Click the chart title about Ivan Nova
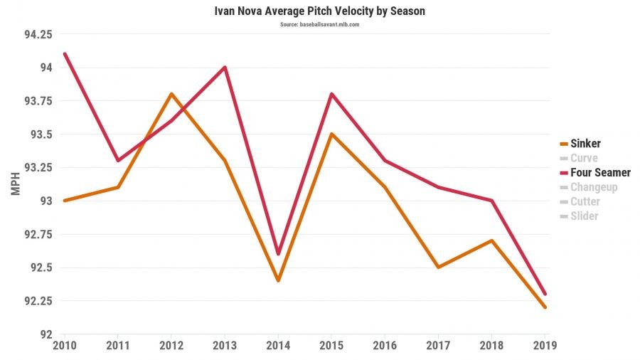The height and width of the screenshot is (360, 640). (320, 12)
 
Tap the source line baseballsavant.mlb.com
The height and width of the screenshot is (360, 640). (320, 25)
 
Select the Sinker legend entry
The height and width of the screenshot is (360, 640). (585, 144)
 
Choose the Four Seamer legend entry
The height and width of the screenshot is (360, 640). (595, 173)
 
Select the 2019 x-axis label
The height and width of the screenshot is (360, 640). (544, 346)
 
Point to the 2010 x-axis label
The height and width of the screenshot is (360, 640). (65, 346)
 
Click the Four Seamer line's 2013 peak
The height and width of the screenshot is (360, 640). (225, 68)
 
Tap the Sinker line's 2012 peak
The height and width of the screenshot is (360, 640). (171, 94)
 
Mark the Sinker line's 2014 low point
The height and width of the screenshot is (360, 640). (278, 280)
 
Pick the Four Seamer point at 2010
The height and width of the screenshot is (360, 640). (65, 54)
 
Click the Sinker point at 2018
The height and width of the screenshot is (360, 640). (491, 240)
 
